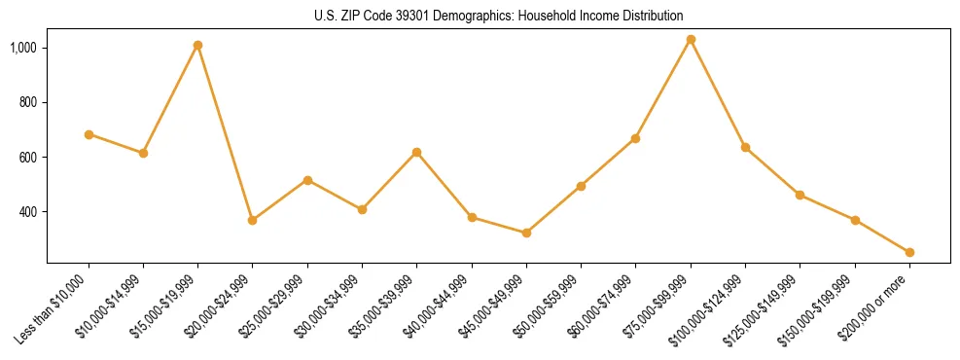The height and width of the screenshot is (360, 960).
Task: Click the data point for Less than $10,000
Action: pyautogui.click(x=89, y=134)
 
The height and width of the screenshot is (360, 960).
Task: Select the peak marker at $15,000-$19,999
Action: pyautogui.click(x=197, y=45)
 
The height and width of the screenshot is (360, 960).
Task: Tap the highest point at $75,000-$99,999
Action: pyautogui.click(x=691, y=40)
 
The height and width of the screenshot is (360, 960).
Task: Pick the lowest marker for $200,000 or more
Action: pyautogui.click(x=909, y=252)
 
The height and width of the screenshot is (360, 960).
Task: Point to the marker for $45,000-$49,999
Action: pyautogui.click(x=526, y=233)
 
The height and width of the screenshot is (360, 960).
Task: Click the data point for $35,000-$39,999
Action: pyautogui.click(x=416, y=152)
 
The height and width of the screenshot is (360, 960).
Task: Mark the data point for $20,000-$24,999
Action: pyautogui.click(x=253, y=220)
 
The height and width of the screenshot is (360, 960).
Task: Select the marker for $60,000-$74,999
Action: pyautogui.click(x=635, y=138)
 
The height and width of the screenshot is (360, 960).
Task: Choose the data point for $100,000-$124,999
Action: pyautogui.click(x=745, y=147)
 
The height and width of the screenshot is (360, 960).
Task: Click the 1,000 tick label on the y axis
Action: pyautogui.click(x=23, y=48)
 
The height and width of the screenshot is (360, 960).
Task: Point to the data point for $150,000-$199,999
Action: pyautogui.click(x=855, y=220)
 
